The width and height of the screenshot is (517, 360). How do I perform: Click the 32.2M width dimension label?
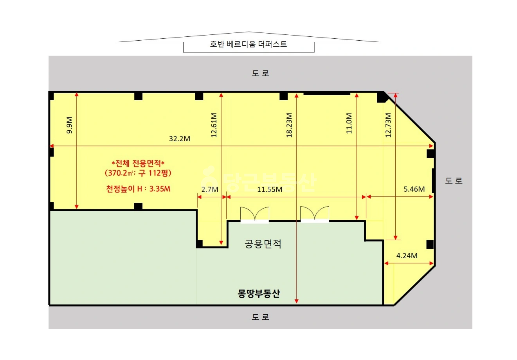(180, 139)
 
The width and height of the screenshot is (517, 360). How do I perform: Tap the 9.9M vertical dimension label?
(69, 125)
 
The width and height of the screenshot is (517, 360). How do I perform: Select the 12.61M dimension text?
(214, 125)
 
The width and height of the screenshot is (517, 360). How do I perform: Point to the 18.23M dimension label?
(289, 125)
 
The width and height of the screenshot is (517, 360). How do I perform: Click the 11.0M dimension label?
(349, 124)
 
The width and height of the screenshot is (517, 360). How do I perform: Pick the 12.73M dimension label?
(388, 125)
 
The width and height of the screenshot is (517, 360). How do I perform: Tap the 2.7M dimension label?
(209, 189)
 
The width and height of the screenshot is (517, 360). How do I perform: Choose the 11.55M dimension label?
(270, 189)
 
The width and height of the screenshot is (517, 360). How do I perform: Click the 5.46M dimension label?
(414, 189)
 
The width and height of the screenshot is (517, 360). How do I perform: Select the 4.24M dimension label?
(407, 256)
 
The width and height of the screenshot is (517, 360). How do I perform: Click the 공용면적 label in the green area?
(263, 244)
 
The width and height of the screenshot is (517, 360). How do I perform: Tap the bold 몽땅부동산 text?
(258, 293)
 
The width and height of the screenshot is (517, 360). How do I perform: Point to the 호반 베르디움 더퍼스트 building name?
(249, 44)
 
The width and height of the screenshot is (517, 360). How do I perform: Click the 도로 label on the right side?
(454, 180)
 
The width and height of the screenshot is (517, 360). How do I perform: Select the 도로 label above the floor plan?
(260, 73)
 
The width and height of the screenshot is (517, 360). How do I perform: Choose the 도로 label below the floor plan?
(260, 317)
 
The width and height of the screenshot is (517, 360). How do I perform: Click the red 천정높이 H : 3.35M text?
(138, 189)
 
